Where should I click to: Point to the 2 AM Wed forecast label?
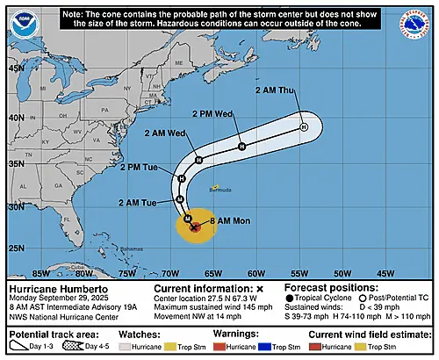click(164, 133)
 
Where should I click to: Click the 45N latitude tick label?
click(15, 68)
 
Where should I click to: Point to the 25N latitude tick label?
click(15, 248)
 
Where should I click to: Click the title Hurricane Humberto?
click(53, 287)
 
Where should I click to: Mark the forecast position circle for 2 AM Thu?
click(304, 127)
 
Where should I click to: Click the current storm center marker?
click(194, 226)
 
